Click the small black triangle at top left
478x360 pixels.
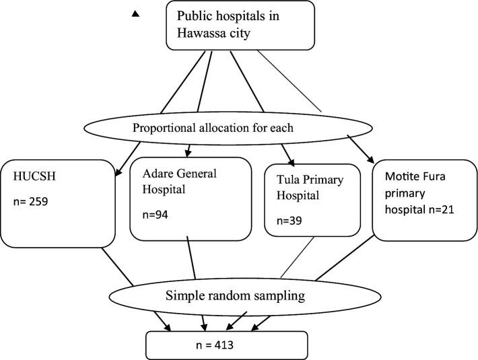click(x=135, y=12)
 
